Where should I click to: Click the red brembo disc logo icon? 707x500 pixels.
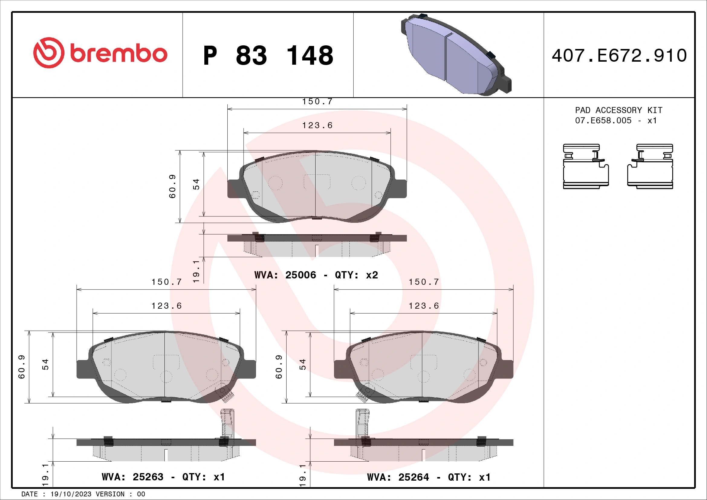tap(49, 53)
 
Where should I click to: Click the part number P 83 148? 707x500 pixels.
tap(268, 56)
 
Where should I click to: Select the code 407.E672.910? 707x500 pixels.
tap(619, 56)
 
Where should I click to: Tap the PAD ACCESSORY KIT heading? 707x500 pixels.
tap(619, 110)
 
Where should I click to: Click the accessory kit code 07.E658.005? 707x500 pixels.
tap(603, 121)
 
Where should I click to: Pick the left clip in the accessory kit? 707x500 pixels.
tap(585, 166)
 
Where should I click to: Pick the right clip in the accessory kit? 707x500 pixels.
tap(650, 166)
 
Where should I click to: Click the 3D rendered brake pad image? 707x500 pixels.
tap(456, 55)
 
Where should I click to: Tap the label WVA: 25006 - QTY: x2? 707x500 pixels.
tap(316, 275)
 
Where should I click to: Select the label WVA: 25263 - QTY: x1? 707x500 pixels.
tap(163, 477)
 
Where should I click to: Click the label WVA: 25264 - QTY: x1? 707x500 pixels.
tap(429, 477)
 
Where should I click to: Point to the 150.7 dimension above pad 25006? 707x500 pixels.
tap(317, 102)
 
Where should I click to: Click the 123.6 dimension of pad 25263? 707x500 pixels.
tap(167, 306)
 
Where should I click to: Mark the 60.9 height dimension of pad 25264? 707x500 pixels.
tap(279, 367)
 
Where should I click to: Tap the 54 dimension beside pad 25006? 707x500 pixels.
tap(196, 184)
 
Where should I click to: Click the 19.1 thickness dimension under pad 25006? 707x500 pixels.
tap(196, 271)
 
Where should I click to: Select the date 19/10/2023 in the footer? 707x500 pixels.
tap(71, 494)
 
